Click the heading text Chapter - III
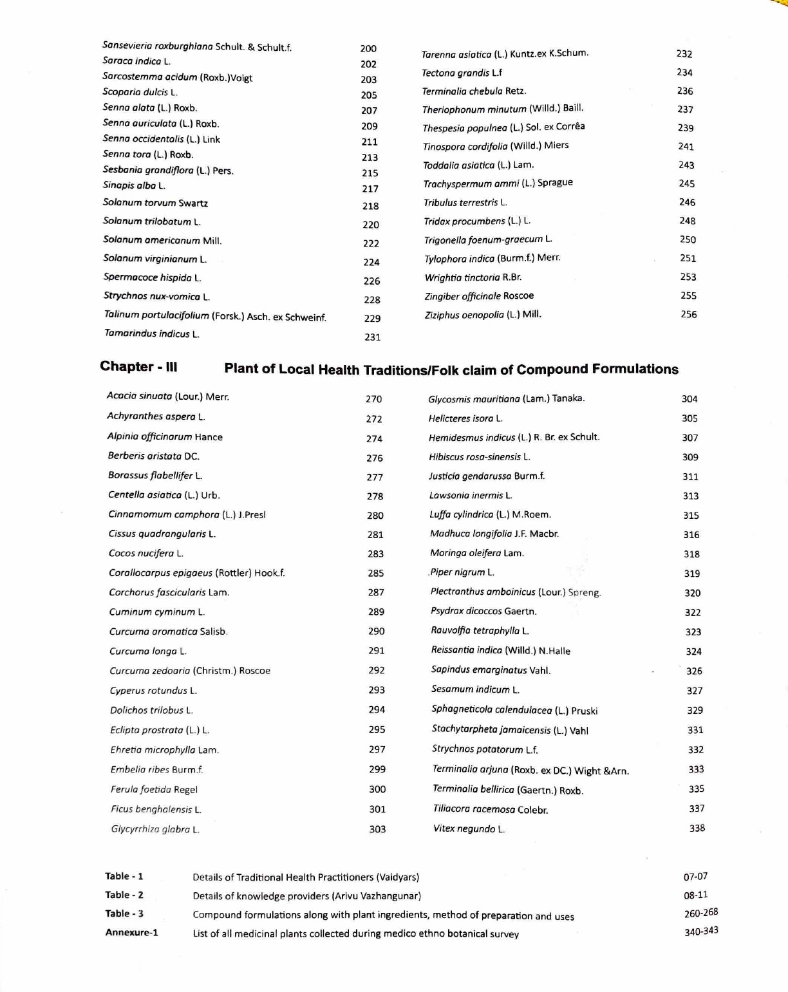click(x=138, y=367)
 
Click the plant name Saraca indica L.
click(x=136, y=61)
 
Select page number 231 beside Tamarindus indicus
click(x=372, y=337)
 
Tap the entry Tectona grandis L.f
click(x=462, y=73)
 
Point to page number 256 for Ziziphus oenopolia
click(x=688, y=314)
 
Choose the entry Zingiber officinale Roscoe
click(x=479, y=296)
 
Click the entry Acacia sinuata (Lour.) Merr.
click(x=168, y=397)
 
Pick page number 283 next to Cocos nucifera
click(x=375, y=554)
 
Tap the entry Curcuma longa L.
click(x=148, y=651)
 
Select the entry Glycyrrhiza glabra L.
click(x=155, y=829)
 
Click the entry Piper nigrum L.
click(x=462, y=572)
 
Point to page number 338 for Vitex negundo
click(x=697, y=828)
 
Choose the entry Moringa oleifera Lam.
click(x=477, y=553)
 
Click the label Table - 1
click(x=124, y=876)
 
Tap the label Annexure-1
click(x=131, y=932)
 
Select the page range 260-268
click(x=700, y=913)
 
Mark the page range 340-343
click(x=700, y=931)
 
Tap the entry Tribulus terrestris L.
click(x=465, y=203)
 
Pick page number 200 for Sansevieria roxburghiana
click(x=368, y=48)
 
